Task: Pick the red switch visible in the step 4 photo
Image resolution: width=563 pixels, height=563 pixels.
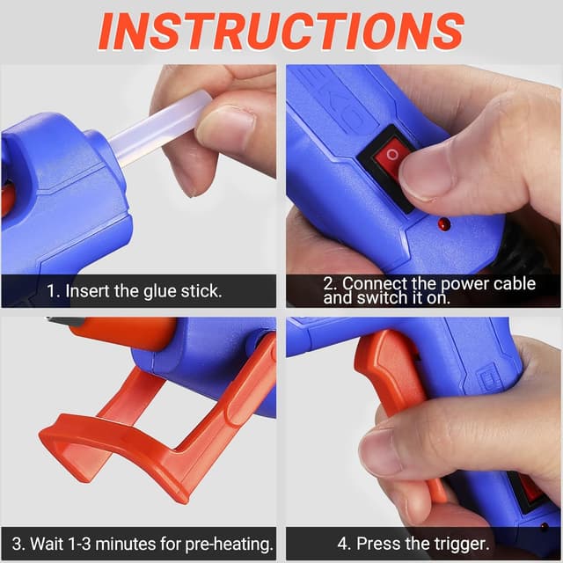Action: click(x=533, y=488)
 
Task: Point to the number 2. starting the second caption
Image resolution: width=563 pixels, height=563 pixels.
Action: click(x=328, y=283)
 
